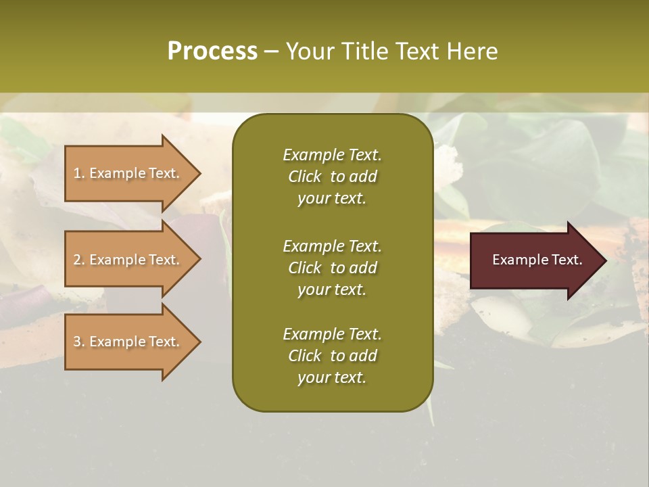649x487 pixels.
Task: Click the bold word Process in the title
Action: [212, 51]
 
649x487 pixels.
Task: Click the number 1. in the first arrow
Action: [79, 173]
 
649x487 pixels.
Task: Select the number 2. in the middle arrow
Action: [79, 260]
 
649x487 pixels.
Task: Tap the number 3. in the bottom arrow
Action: [79, 342]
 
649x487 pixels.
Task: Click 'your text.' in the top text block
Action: [332, 199]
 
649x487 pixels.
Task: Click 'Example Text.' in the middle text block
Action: [332, 246]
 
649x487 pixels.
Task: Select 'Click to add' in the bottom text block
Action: [332, 356]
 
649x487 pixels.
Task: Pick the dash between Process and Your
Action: [272, 51]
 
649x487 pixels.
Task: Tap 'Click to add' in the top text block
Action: [332, 177]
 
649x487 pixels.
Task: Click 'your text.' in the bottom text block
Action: [332, 378]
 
